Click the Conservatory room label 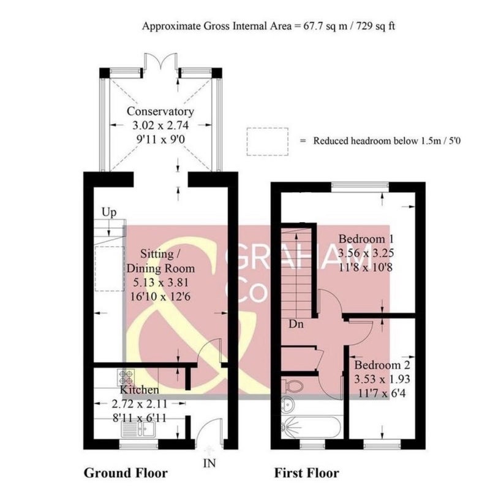click(160, 112)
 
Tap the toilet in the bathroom click(292, 386)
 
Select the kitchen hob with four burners click(126, 377)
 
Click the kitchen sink click(138, 429)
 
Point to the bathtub click(311, 427)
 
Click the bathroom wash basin click(288, 404)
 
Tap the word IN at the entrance click(209, 463)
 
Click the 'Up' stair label click(109, 212)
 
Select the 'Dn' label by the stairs click(296, 324)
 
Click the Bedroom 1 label click(366, 239)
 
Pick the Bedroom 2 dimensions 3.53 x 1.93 click(382, 379)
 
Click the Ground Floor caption click(126, 472)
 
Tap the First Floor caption click(307, 472)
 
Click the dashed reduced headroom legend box click(267, 142)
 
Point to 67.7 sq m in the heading click(325, 26)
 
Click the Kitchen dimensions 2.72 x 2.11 click(140, 404)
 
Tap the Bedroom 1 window click(360, 187)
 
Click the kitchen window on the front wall click(139, 444)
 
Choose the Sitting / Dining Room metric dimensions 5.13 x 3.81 click(161, 282)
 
